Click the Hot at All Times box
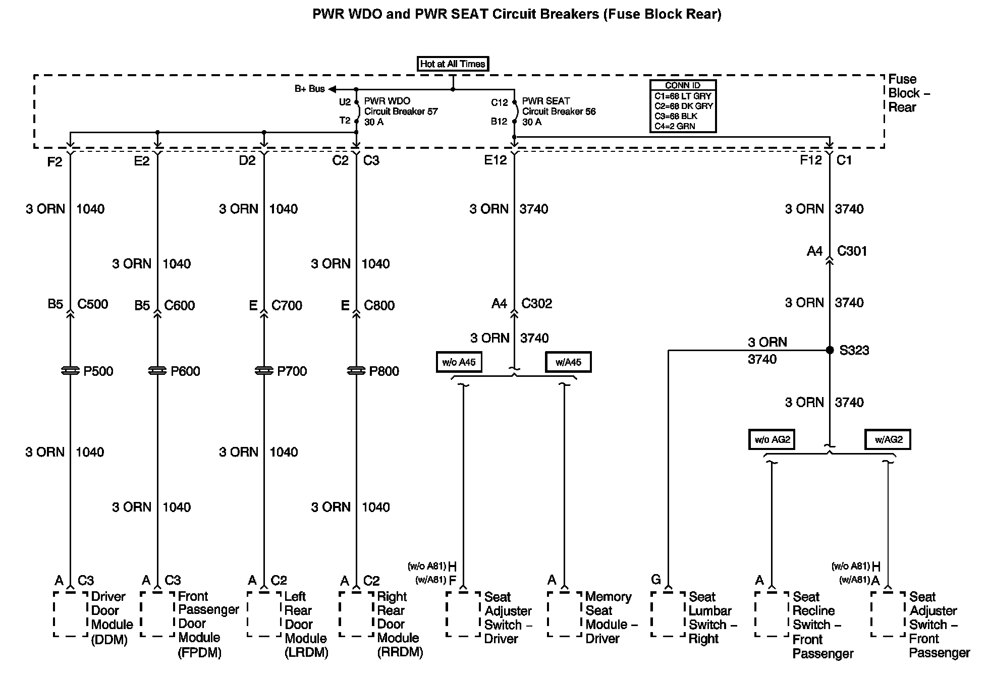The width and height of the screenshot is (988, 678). pyautogui.click(x=453, y=64)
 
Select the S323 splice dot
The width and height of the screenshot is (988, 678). pyautogui.click(x=830, y=350)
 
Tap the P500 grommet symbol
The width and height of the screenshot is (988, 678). pyautogui.click(x=70, y=371)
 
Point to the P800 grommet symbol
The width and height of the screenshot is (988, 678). pyautogui.click(x=356, y=371)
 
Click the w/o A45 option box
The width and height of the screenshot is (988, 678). pyautogui.click(x=459, y=362)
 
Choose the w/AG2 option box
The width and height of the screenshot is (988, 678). pyautogui.click(x=888, y=439)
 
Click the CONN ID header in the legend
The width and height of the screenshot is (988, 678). pyautogui.click(x=683, y=85)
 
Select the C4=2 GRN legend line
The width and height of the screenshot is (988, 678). pyautogui.click(x=675, y=126)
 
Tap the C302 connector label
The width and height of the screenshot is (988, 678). pyautogui.click(x=536, y=304)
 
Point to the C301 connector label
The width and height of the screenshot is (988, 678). pyautogui.click(x=852, y=251)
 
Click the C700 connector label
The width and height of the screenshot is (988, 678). pyautogui.click(x=287, y=305)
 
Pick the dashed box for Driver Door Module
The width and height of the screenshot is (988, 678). pyautogui.click(x=71, y=614)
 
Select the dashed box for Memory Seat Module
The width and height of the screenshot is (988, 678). pyautogui.click(x=564, y=614)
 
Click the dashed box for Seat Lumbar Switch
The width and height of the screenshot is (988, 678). pyautogui.click(x=668, y=614)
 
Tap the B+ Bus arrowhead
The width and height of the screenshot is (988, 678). pyautogui.click(x=332, y=89)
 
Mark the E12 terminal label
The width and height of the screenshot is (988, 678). pyautogui.click(x=495, y=160)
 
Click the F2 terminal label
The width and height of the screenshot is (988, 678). pyautogui.click(x=54, y=161)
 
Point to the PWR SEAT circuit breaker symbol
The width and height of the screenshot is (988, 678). pyautogui.click(x=515, y=111)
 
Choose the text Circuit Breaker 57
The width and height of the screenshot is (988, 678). pyautogui.click(x=401, y=111)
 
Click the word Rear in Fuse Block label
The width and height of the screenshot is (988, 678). pyautogui.click(x=902, y=107)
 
